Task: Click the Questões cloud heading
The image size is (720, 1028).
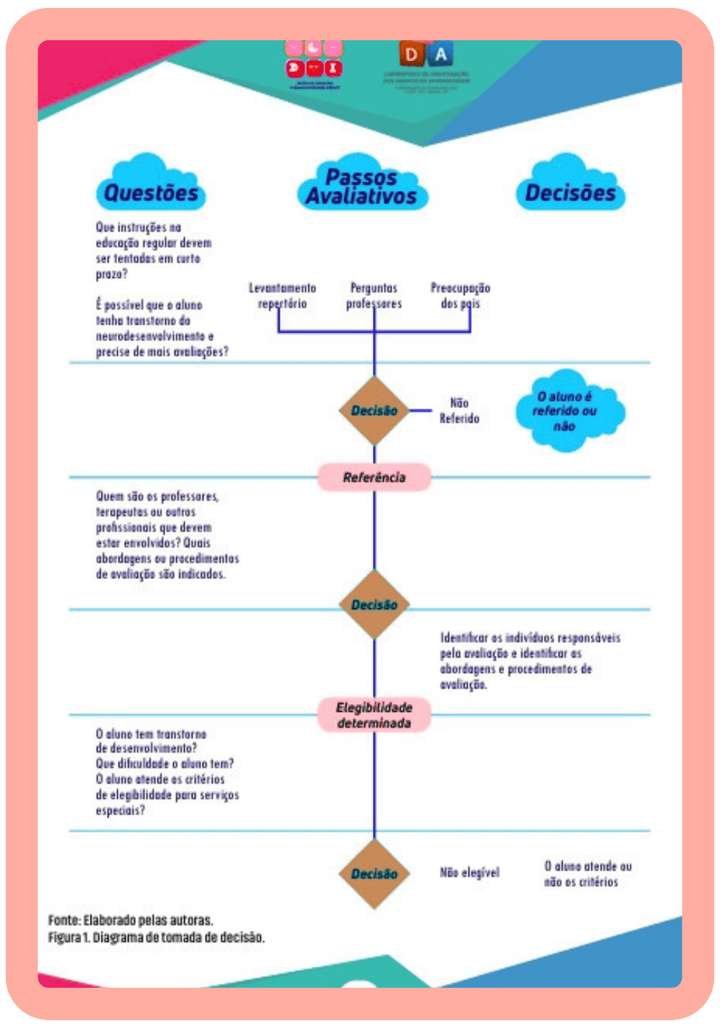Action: [x=151, y=192]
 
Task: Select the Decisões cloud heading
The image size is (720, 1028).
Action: [x=570, y=192]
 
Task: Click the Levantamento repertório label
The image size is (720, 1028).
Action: [x=282, y=295]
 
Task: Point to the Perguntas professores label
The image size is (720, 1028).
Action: [x=374, y=295]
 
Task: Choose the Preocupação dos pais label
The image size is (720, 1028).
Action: [x=461, y=295]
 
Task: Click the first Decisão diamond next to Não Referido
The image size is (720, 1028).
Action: [x=374, y=410]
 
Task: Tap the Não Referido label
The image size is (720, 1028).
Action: [x=459, y=410]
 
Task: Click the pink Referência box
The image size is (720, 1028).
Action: [x=374, y=477]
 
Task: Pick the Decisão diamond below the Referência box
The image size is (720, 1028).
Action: [x=374, y=604]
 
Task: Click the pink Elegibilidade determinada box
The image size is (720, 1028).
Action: [x=374, y=715]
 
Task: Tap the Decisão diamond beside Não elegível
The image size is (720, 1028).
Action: [x=374, y=874]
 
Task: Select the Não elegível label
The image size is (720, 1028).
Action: [x=469, y=873]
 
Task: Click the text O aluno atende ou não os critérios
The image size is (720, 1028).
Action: [x=586, y=874]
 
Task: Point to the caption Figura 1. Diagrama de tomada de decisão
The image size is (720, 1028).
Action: [x=156, y=937]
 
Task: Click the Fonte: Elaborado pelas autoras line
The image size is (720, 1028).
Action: [x=131, y=920]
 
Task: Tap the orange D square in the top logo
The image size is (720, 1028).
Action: [x=412, y=54]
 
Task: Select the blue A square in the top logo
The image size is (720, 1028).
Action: [x=441, y=54]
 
